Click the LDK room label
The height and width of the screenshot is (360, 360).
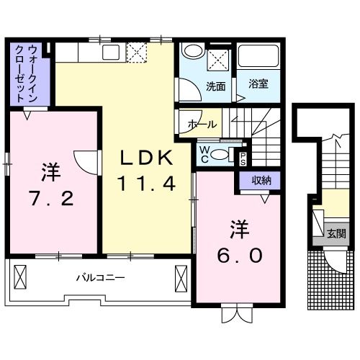pyautogui.click(x=146, y=158)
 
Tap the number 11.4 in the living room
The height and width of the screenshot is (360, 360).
pyautogui.click(x=146, y=184)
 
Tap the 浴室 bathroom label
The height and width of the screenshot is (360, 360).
pyautogui.click(x=258, y=83)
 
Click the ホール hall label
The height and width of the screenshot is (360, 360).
pyautogui.click(x=202, y=125)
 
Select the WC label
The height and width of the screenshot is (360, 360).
pyautogui.click(x=205, y=153)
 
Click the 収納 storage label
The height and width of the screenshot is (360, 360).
pyautogui.click(x=261, y=181)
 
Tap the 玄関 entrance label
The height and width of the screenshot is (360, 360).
pyautogui.click(x=336, y=233)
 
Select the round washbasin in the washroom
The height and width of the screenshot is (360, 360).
pyautogui.click(x=192, y=52)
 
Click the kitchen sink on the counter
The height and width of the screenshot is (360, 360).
pyautogui.click(x=112, y=51)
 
